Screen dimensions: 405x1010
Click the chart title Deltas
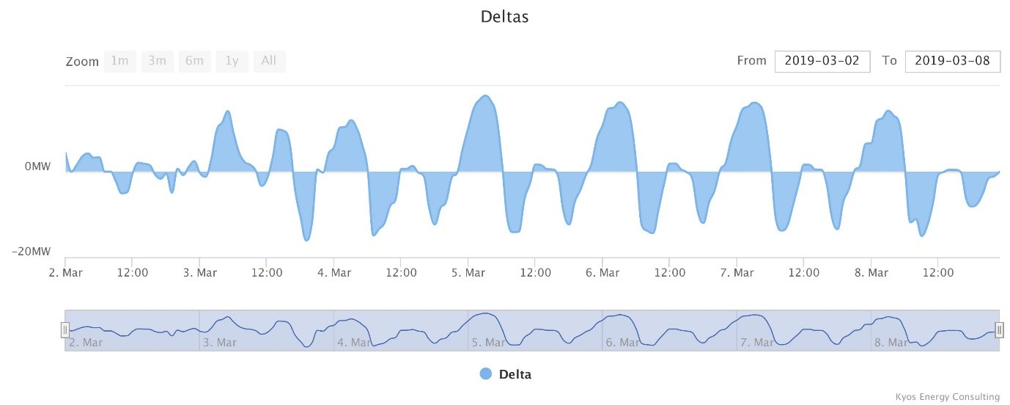click(504, 16)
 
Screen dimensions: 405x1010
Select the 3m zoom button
click(157, 61)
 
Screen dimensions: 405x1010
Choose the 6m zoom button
click(194, 61)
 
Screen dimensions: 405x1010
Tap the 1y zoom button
click(232, 61)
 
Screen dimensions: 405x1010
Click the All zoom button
click(269, 61)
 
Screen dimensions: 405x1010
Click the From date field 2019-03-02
click(822, 61)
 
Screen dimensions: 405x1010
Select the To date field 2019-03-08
click(952, 61)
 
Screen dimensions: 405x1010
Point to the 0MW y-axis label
click(37, 167)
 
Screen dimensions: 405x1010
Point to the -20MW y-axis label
click(32, 252)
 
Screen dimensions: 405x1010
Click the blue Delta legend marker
click(486, 374)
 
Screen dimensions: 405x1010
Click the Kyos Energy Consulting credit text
click(947, 397)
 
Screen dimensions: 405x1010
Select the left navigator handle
click(64, 330)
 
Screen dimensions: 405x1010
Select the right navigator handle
click(999, 330)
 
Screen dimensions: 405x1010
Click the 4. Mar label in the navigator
click(355, 342)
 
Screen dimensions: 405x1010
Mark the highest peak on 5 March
click(484, 96)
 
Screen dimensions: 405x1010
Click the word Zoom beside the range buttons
click(82, 62)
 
